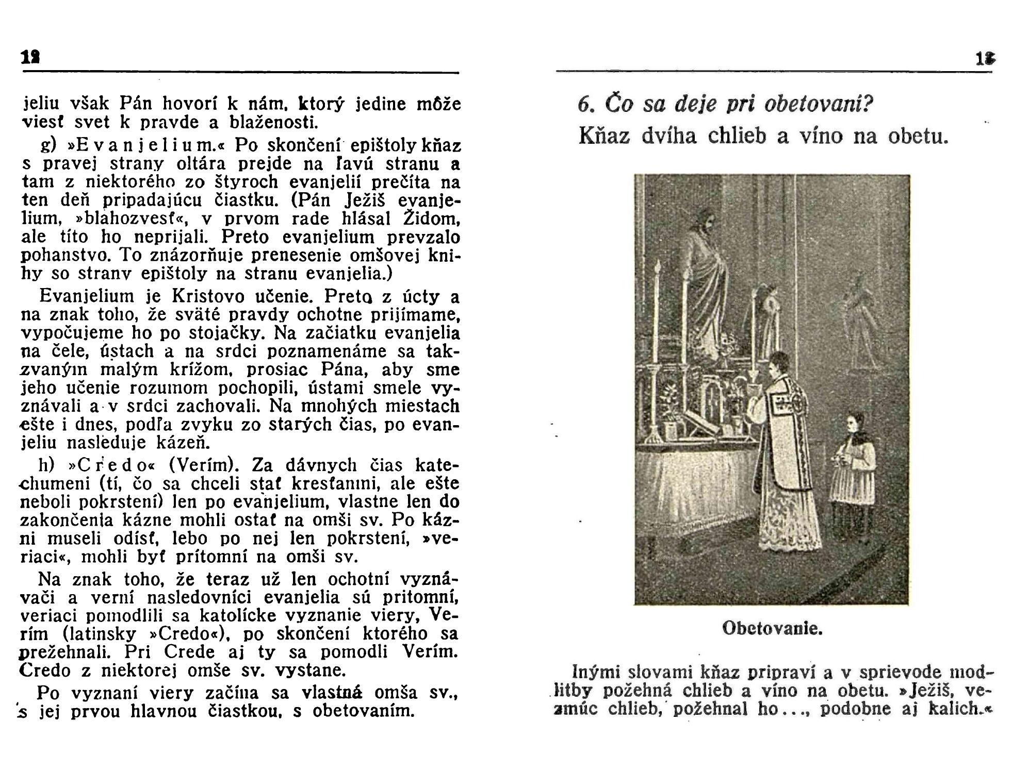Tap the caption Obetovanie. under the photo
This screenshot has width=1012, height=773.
point(772,629)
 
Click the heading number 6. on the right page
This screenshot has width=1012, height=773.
point(586,105)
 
